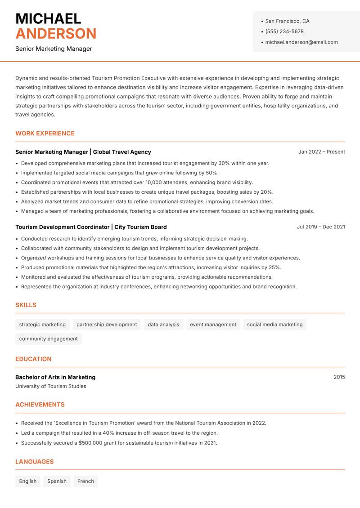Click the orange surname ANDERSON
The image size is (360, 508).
pos(56,34)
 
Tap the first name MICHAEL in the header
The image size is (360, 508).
pos(48,18)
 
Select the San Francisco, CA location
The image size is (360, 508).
pos(287,21)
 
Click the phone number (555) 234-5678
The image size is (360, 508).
pos(284,31)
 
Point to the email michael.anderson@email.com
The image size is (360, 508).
pos(301,42)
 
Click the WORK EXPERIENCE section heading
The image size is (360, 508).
pos(45,134)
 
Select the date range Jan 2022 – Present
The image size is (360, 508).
pos(321,152)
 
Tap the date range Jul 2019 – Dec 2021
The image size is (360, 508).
pos(320,227)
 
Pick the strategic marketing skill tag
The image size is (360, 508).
pos(42,325)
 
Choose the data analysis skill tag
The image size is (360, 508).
pos(163,325)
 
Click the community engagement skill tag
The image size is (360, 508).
pos(48,339)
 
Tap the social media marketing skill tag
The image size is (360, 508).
pos(274,325)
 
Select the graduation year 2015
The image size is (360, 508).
pos(339,377)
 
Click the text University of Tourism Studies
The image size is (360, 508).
pos(50,386)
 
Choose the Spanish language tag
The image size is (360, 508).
pos(57,481)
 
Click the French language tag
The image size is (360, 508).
pos(85,481)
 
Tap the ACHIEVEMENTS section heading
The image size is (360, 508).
pos(40,405)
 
